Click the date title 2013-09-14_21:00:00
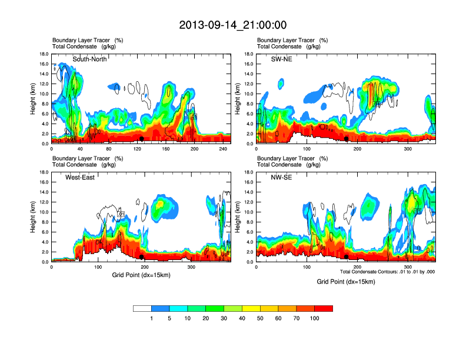232,25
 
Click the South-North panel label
89,59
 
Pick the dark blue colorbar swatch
161,308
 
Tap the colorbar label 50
260,318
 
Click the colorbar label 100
315,318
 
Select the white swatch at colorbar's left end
142,308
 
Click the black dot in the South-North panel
142,139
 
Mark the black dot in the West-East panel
142,257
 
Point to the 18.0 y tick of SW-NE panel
248,54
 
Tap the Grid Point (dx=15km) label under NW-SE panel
345,282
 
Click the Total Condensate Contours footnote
387,272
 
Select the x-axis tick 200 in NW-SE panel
357,268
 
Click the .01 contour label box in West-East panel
122,214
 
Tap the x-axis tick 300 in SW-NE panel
408,149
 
